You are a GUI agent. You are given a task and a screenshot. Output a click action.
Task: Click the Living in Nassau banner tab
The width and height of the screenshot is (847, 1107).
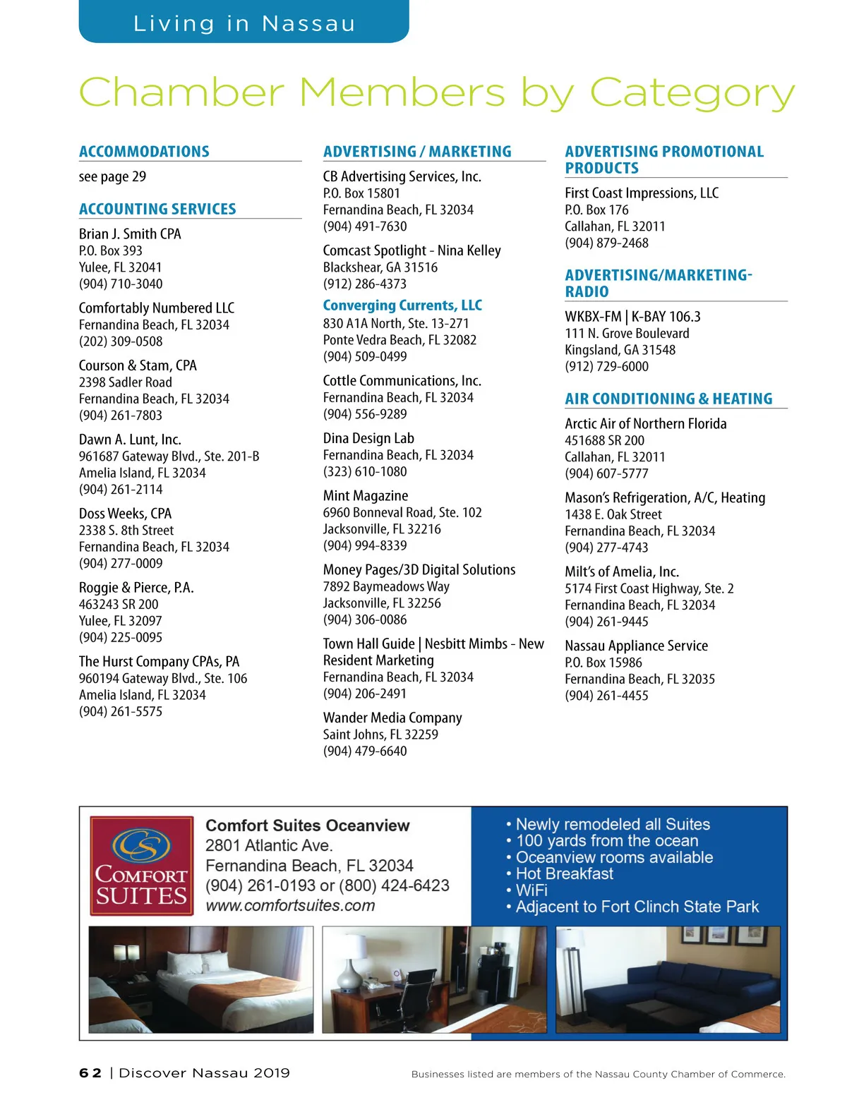tap(244, 23)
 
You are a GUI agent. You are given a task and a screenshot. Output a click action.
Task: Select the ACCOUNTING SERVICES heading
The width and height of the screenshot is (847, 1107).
tap(157, 209)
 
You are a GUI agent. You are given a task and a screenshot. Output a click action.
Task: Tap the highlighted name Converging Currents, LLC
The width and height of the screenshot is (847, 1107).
tap(402, 306)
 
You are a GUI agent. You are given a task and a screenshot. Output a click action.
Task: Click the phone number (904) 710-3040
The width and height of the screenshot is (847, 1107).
tap(121, 284)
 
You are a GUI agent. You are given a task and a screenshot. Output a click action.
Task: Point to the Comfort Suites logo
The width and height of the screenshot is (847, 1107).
tap(141, 866)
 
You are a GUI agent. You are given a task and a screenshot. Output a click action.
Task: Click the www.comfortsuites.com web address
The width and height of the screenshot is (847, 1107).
tap(290, 905)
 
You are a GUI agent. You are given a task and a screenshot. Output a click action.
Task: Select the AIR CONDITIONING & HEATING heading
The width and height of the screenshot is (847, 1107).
tap(668, 399)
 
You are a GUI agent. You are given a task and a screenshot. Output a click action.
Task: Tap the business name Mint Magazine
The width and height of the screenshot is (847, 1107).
tap(366, 496)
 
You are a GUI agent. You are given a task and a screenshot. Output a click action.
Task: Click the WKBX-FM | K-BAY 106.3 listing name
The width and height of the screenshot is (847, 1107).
tap(632, 317)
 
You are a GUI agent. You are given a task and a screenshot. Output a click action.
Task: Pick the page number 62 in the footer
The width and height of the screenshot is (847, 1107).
tap(90, 1073)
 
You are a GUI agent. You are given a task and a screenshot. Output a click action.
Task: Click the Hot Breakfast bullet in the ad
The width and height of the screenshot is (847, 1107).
tap(564, 873)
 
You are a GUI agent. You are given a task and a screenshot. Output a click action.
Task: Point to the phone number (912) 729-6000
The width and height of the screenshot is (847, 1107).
tap(606, 366)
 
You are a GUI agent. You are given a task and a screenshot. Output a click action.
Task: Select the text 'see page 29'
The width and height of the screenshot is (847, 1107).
tap(112, 176)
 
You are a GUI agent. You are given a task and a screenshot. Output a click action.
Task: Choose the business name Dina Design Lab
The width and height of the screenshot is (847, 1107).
tap(368, 438)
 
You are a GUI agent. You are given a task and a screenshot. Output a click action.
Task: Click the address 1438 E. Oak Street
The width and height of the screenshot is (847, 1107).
tap(613, 514)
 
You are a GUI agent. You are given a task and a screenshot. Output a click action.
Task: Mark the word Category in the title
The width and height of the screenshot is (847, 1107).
tap(692, 93)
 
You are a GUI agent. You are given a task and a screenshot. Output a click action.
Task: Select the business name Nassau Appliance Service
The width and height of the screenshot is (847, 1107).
tap(636, 646)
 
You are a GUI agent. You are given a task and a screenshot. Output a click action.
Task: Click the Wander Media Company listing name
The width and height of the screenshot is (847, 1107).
tap(392, 718)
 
